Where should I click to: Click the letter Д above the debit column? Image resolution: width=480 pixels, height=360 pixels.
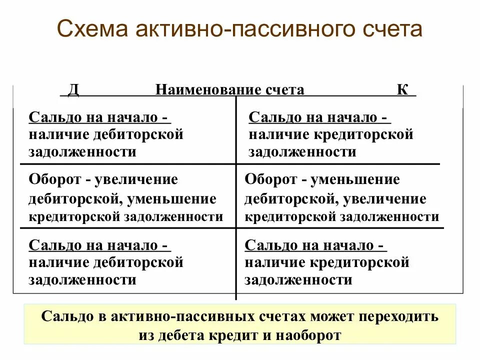[73, 89]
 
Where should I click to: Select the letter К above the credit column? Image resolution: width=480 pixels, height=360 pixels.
[402, 89]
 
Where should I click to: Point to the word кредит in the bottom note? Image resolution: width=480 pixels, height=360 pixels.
[240, 335]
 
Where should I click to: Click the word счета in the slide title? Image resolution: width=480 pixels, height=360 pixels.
[394, 30]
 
